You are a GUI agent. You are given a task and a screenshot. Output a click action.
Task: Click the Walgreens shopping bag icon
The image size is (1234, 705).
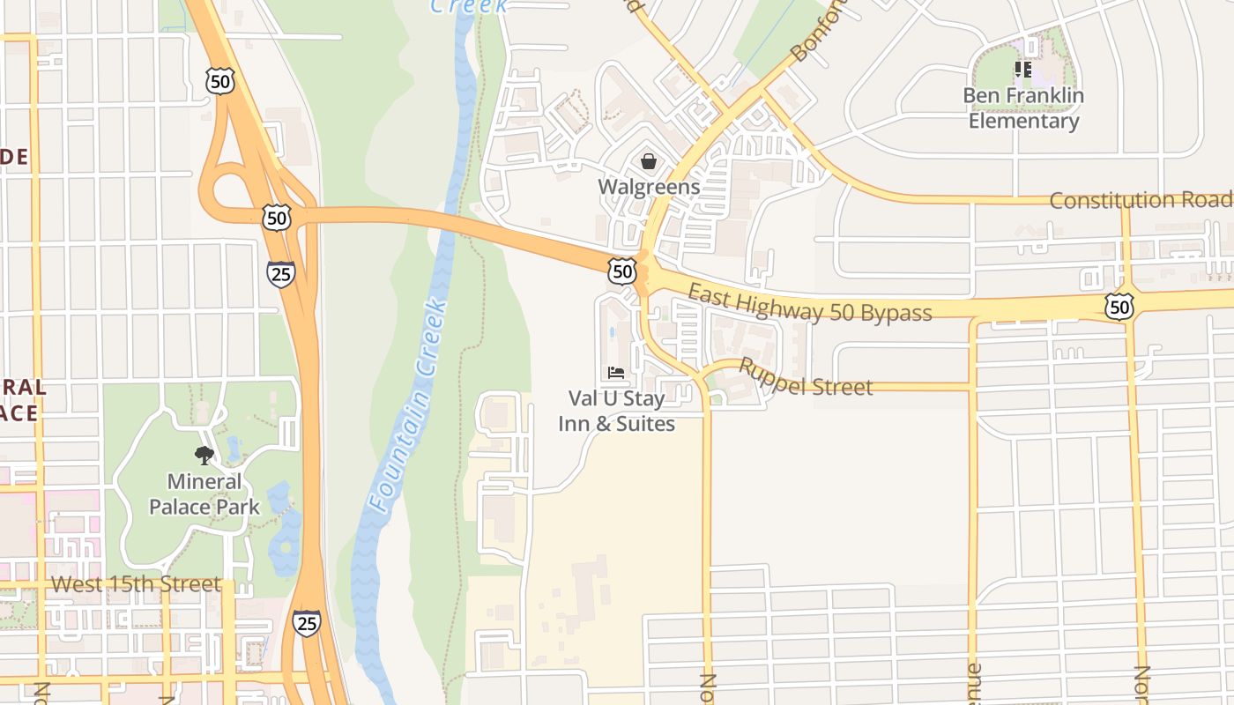(649, 161)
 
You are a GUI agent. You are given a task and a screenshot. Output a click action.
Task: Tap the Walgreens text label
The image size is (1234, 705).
(649, 187)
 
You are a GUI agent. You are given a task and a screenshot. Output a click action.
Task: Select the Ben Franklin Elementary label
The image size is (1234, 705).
(1023, 108)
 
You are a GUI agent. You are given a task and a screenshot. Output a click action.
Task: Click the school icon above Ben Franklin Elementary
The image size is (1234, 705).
(1022, 69)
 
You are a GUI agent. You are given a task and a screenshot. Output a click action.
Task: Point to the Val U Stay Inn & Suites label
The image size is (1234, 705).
(617, 411)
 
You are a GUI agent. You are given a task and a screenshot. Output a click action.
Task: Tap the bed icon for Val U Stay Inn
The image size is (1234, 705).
(616, 373)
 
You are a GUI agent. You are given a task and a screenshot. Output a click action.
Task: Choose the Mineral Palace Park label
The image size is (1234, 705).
(204, 494)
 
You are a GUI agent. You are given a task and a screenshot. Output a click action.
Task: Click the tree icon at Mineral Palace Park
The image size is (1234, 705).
(204, 456)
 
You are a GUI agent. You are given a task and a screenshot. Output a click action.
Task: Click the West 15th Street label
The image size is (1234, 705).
(136, 584)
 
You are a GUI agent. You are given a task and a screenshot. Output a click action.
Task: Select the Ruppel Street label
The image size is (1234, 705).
(806, 377)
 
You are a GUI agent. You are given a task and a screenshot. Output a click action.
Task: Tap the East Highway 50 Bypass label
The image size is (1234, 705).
(809, 302)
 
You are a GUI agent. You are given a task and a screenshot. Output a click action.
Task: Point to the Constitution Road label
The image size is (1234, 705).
(1141, 201)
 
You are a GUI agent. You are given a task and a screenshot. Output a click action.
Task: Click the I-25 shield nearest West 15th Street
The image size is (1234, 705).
(307, 623)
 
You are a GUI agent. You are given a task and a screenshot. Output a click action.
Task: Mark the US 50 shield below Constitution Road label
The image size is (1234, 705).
(1119, 307)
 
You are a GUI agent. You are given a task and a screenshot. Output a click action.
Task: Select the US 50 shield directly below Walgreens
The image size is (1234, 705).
(622, 271)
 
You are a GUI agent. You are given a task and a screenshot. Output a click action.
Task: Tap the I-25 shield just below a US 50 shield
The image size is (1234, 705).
(280, 273)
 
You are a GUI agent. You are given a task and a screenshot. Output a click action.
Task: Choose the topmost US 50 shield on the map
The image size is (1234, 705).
(220, 82)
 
